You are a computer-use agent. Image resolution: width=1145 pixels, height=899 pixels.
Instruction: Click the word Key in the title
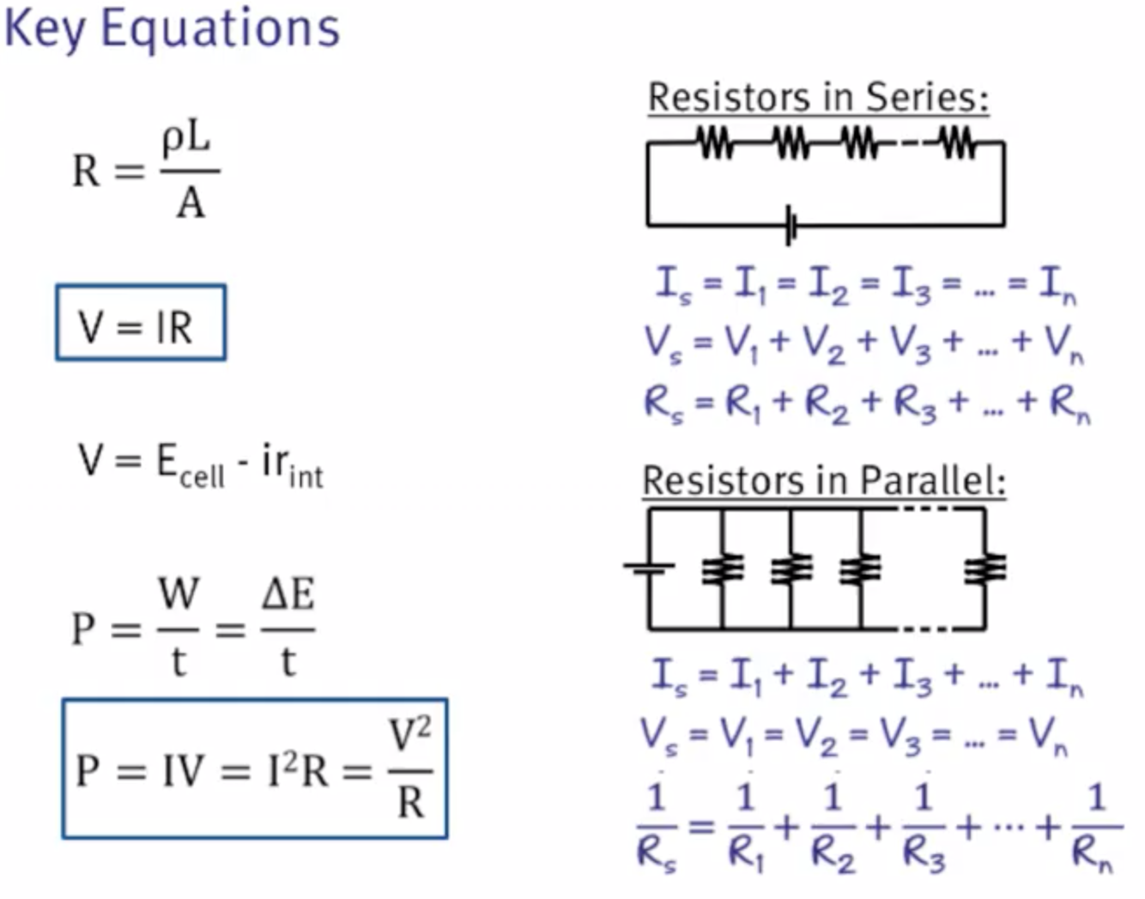pos(44,29)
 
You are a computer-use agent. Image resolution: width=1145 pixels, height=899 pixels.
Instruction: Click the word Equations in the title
pos(221,29)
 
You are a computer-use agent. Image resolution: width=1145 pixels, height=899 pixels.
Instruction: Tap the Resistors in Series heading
pos(818,96)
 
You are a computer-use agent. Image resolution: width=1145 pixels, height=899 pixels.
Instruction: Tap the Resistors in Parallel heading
pos(823,480)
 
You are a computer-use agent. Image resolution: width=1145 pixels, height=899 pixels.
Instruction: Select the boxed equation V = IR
pos(141,324)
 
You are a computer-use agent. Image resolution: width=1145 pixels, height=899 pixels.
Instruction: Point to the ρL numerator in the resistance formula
pos(186,139)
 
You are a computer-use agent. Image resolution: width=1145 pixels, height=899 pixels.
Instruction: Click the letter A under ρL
pos(191,203)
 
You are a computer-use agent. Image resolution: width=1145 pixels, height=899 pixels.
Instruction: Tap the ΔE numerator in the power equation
pos(288,594)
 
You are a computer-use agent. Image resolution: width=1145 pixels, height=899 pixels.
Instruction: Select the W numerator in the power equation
pos(179,594)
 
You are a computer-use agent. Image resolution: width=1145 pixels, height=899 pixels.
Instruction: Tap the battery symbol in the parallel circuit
pos(649,567)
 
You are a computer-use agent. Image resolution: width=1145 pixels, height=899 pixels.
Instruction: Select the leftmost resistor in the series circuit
pos(715,143)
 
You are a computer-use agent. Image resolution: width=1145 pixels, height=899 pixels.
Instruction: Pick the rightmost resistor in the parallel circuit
pos(984,568)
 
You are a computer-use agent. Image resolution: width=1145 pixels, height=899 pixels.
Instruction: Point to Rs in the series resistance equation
pos(662,402)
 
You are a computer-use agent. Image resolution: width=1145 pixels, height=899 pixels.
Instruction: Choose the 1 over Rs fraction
pos(657,827)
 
